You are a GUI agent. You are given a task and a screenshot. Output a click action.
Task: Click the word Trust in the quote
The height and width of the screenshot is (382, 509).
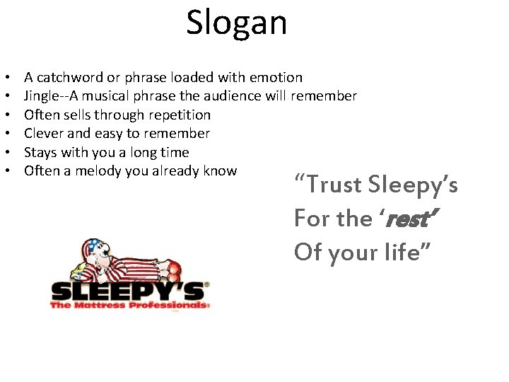339,186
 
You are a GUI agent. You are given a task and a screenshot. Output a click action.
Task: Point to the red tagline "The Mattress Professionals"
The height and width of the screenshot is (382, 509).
127,306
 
